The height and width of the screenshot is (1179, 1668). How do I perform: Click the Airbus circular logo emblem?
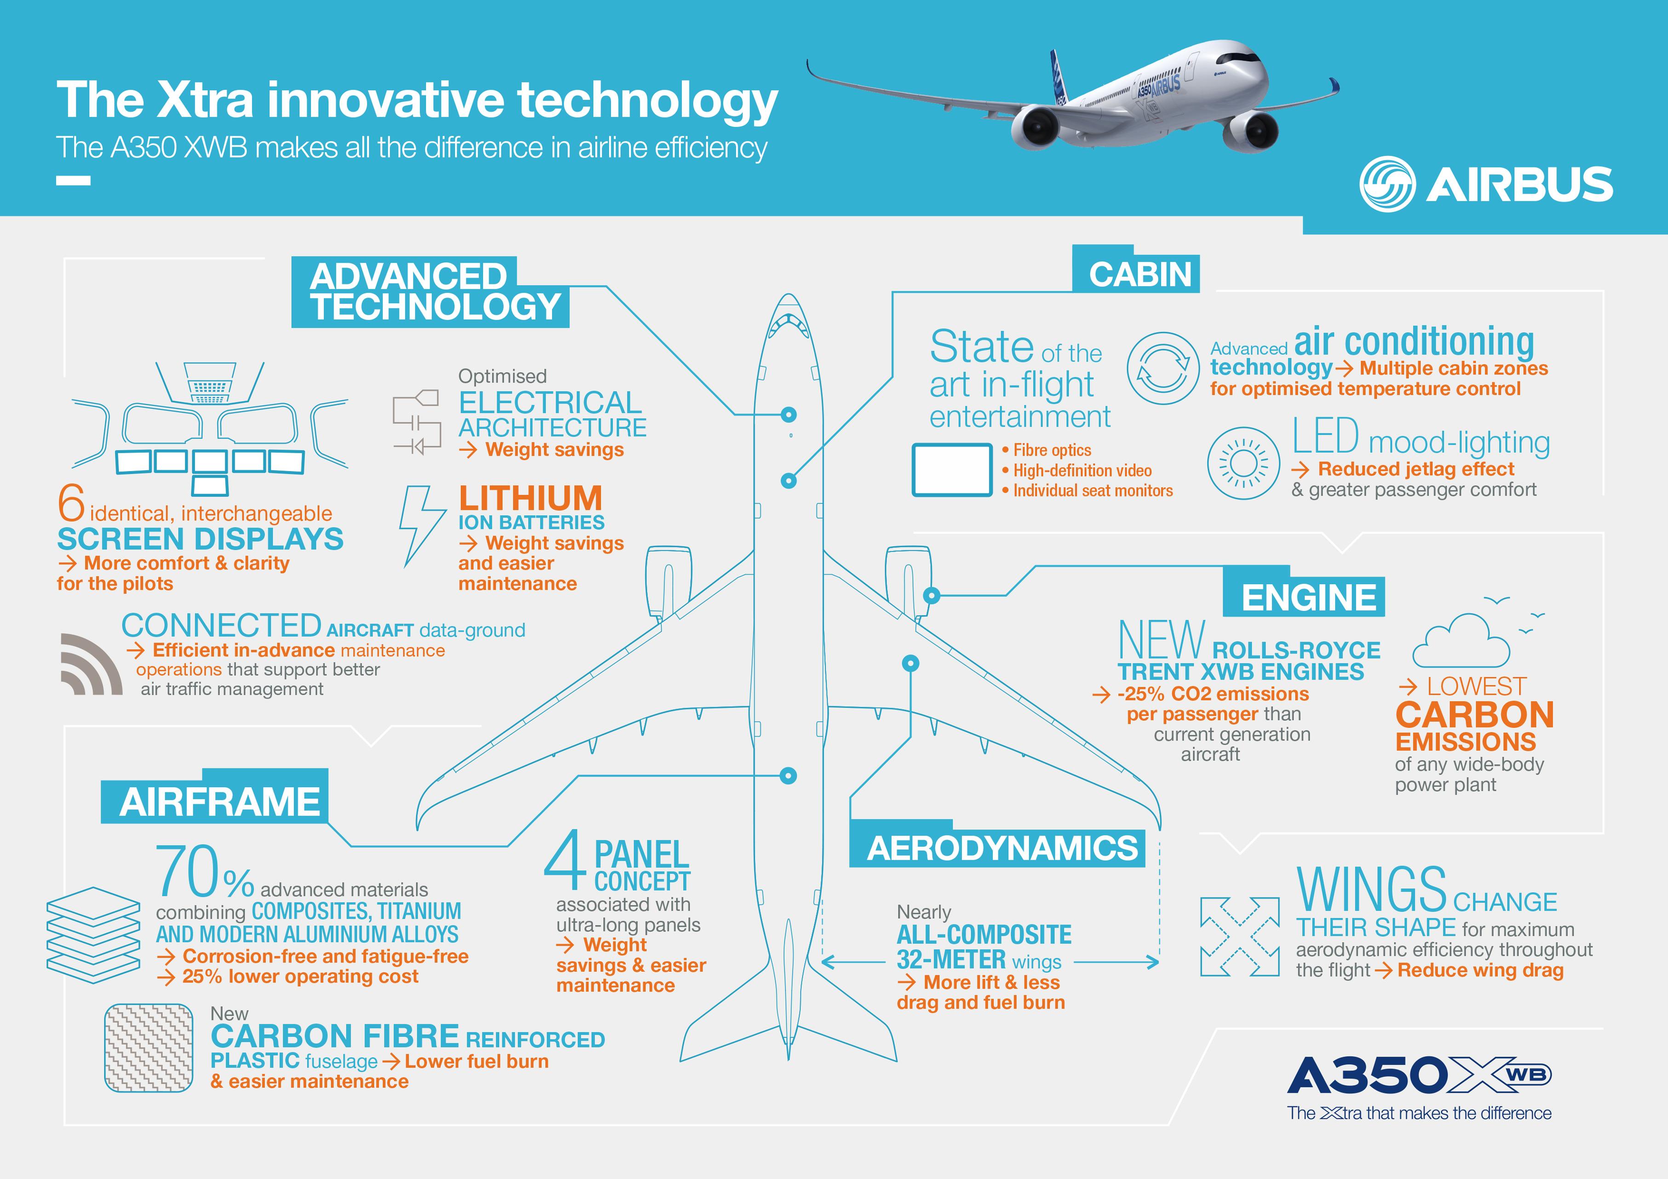point(1387,184)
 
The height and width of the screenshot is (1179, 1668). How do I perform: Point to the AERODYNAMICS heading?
point(1002,848)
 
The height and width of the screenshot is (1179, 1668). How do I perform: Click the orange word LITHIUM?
point(530,498)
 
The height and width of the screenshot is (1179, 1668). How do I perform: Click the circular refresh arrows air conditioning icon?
point(1162,368)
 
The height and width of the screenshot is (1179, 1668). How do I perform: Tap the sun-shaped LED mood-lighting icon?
point(1243,463)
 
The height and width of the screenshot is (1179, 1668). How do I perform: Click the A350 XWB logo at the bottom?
point(1419,1075)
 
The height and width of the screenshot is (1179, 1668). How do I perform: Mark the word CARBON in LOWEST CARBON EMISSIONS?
point(1474,715)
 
